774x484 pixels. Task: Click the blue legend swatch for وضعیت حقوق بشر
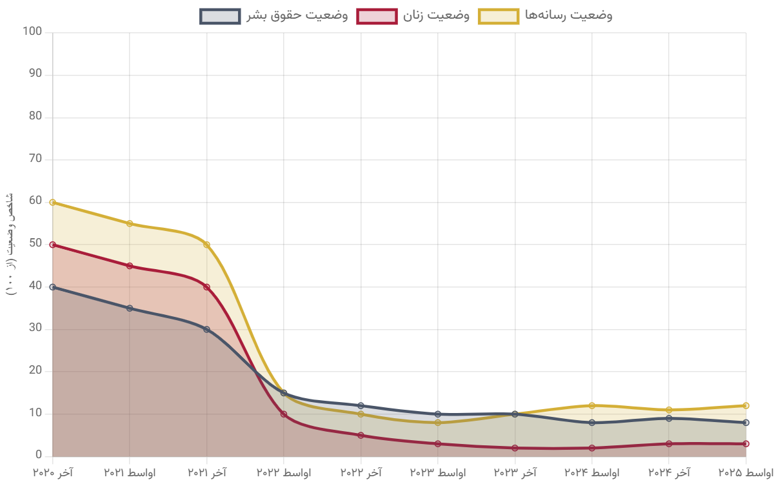click(220, 16)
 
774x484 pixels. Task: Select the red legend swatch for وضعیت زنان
click(377, 16)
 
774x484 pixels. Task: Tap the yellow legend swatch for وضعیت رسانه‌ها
click(499, 16)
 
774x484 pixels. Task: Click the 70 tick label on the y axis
click(35, 159)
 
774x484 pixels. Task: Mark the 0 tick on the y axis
click(39, 456)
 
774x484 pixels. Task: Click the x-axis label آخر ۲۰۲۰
click(53, 473)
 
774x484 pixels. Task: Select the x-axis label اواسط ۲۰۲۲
click(284, 473)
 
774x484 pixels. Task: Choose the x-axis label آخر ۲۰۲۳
click(515, 473)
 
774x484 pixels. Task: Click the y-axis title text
click(10, 244)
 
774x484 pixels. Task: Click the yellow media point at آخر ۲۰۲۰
click(53, 202)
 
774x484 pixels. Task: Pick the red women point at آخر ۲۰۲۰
click(53, 245)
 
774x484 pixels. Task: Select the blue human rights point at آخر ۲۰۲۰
click(53, 287)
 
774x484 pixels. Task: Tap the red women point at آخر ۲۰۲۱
click(206, 287)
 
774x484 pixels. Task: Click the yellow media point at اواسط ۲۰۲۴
click(591, 405)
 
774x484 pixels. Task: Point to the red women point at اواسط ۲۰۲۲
click(284, 414)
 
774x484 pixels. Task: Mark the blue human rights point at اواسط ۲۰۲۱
click(130, 308)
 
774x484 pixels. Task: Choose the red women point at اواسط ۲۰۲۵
click(746, 443)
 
